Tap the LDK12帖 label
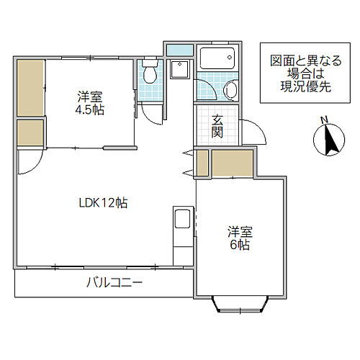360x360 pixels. point(103,203)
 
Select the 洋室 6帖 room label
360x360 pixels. point(240,238)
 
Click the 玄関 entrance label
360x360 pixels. point(217,127)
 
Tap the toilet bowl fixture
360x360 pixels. point(149,73)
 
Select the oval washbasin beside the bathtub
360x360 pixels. point(230,90)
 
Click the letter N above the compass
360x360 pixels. point(325,120)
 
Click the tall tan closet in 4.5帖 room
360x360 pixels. point(31,88)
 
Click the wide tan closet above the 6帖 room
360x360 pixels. point(232,162)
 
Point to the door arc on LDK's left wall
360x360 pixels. point(29,162)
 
